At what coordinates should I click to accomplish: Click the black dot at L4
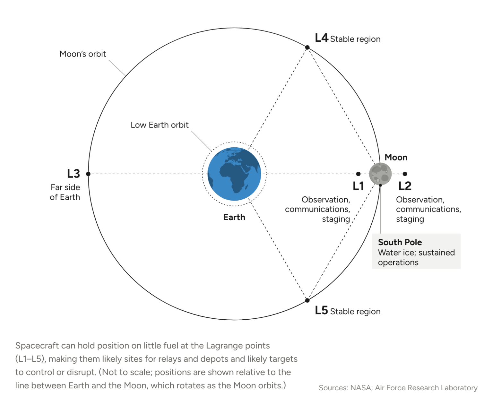pyautogui.click(x=307, y=48)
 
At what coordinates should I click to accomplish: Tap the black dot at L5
pyautogui.click(x=307, y=300)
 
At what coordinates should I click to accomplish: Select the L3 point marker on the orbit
pyautogui.click(x=88, y=174)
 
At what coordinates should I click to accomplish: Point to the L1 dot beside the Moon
pyautogui.click(x=358, y=174)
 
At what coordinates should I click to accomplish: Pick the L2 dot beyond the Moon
pyautogui.click(x=405, y=174)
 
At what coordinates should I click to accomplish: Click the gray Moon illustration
pyautogui.click(x=380, y=174)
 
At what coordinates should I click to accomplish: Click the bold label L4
pyautogui.click(x=321, y=38)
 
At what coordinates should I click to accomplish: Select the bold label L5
pyautogui.click(x=321, y=310)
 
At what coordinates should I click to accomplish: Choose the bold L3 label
pyautogui.click(x=74, y=174)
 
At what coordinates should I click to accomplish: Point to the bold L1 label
pyautogui.click(x=358, y=186)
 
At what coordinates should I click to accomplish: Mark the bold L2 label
pyautogui.click(x=405, y=186)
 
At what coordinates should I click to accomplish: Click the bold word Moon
pyautogui.click(x=396, y=158)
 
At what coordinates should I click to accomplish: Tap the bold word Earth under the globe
pyautogui.click(x=234, y=217)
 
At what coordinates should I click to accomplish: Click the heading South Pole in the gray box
pyautogui.click(x=400, y=242)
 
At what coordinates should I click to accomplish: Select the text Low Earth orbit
pyautogui.click(x=160, y=125)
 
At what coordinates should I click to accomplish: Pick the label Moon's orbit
pyautogui.click(x=82, y=54)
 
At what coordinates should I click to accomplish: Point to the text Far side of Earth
pyautogui.click(x=65, y=192)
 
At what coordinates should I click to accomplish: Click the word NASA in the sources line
pyautogui.click(x=361, y=388)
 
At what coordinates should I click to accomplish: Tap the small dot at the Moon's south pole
pyautogui.click(x=380, y=185)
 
